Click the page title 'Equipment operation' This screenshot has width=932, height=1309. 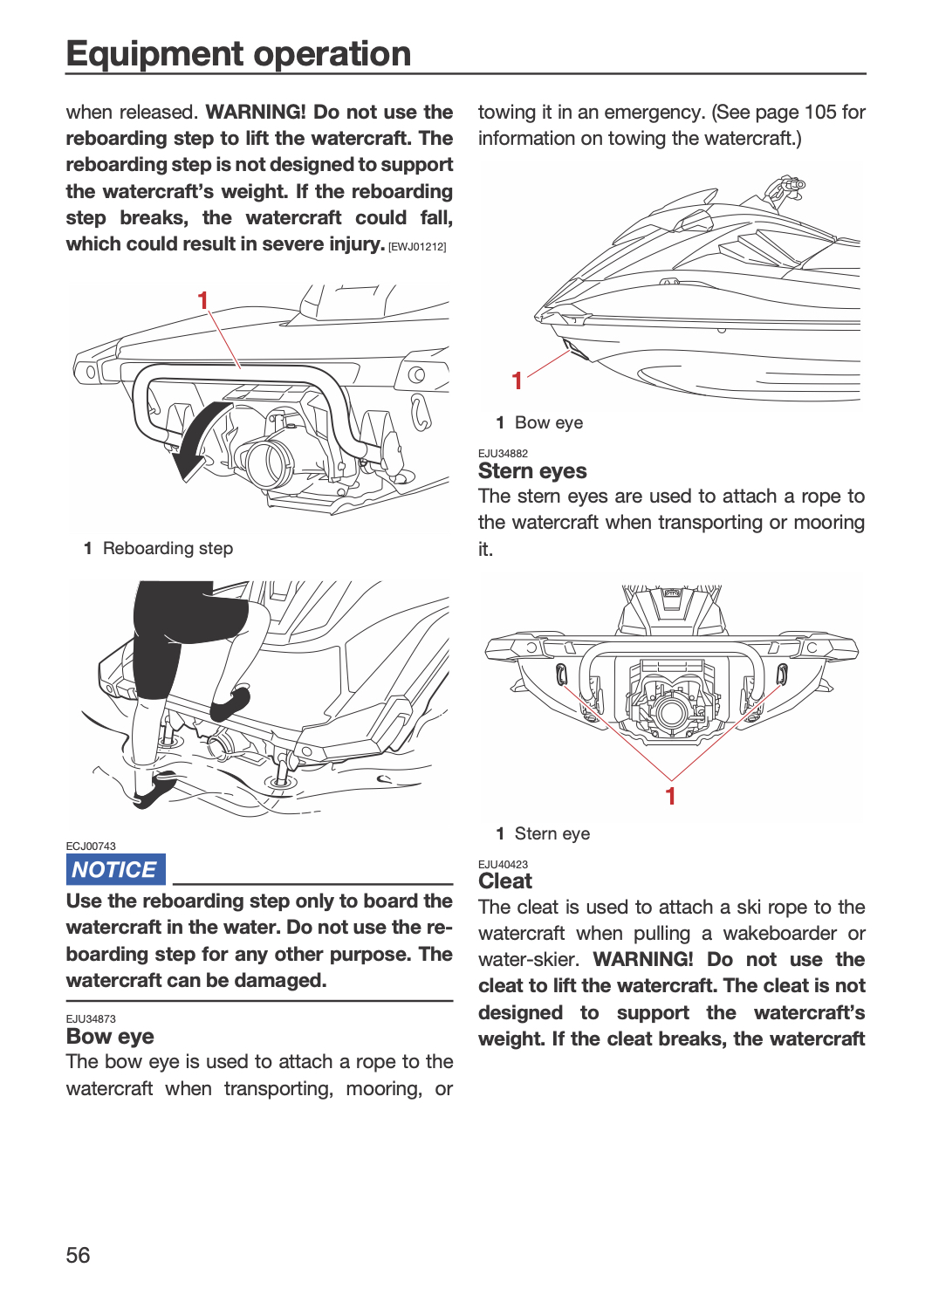[238, 54]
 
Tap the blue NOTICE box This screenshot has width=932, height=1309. [115, 869]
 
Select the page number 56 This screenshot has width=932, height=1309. [78, 1255]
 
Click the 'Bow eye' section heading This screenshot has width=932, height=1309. [110, 1036]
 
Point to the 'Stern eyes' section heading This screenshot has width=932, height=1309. [532, 471]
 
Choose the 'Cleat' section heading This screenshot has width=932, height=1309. [505, 881]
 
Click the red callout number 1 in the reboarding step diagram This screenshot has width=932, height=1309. [202, 301]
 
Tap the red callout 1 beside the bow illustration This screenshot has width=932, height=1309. [517, 381]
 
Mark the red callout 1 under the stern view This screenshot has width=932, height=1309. [671, 796]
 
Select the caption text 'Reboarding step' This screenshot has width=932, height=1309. [168, 548]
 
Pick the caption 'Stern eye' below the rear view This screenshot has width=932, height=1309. [552, 833]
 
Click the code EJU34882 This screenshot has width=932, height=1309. [504, 454]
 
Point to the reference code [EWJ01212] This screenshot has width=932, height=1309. [417, 247]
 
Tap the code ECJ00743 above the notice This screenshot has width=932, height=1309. [91, 846]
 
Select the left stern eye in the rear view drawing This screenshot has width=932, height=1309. [560, 675]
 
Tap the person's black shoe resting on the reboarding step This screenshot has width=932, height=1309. [230, 703]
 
